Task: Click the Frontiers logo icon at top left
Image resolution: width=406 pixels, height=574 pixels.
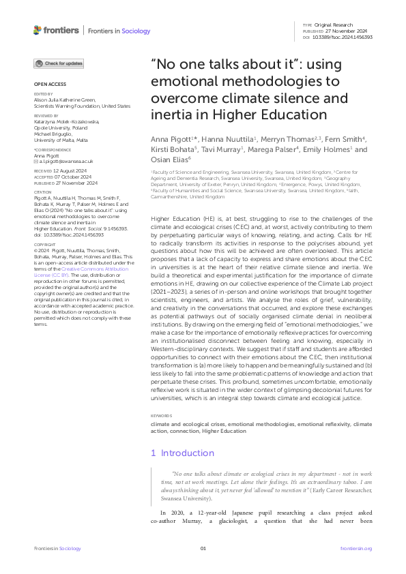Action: pos(38,30)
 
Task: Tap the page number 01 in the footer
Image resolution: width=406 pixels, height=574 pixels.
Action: pos(203,549)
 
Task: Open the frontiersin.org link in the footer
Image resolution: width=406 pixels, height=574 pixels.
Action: pos(356,549)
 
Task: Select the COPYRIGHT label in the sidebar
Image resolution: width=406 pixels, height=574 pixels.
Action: pos(44,243)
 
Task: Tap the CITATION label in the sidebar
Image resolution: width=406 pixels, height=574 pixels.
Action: pos(42,192)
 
